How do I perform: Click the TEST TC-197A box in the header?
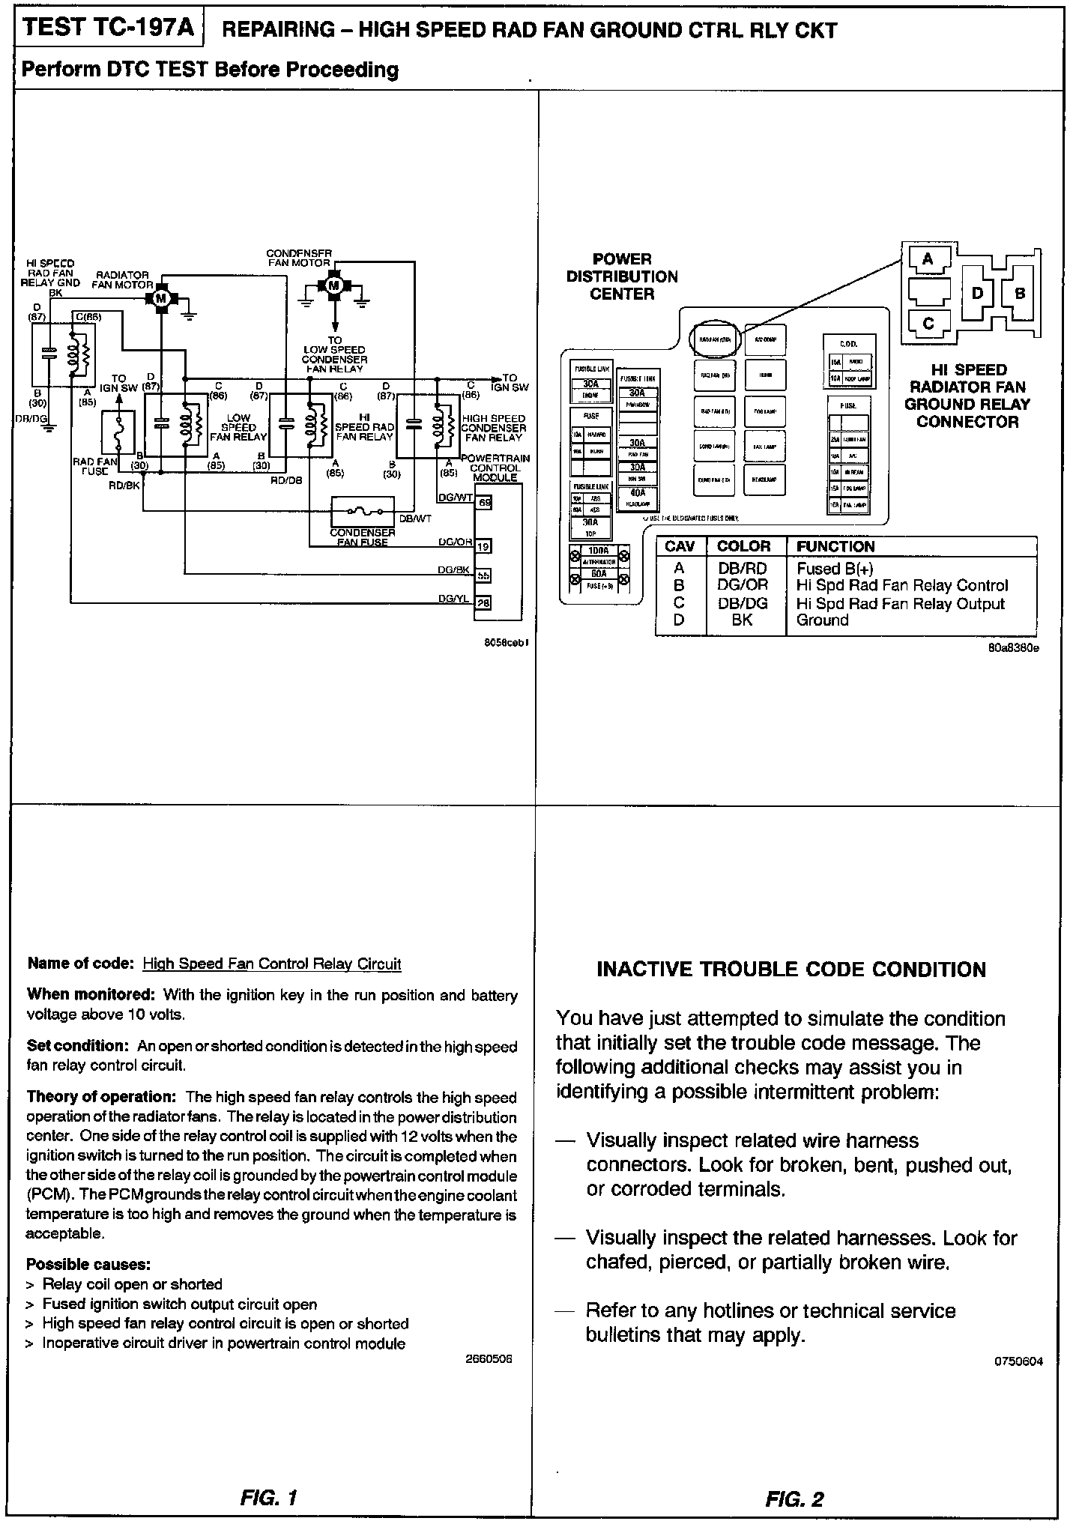(109, 28)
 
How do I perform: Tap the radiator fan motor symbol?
(160, 298)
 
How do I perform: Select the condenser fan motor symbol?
(334, 285)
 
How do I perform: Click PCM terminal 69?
(484, 503)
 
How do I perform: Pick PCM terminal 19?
(484, 545)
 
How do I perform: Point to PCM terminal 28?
(484, 602)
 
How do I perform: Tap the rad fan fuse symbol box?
(118, 433)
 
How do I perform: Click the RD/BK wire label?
(124, 485)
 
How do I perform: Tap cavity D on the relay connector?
(977, 292)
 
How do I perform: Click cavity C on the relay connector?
(928, 323)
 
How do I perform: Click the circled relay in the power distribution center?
(716, 339)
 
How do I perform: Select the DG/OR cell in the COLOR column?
(743, 585)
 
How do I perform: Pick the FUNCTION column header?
(835, 546)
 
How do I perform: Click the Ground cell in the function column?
(823, 620)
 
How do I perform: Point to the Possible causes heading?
(88, 1264)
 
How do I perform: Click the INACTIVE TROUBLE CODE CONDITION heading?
(791, 970)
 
